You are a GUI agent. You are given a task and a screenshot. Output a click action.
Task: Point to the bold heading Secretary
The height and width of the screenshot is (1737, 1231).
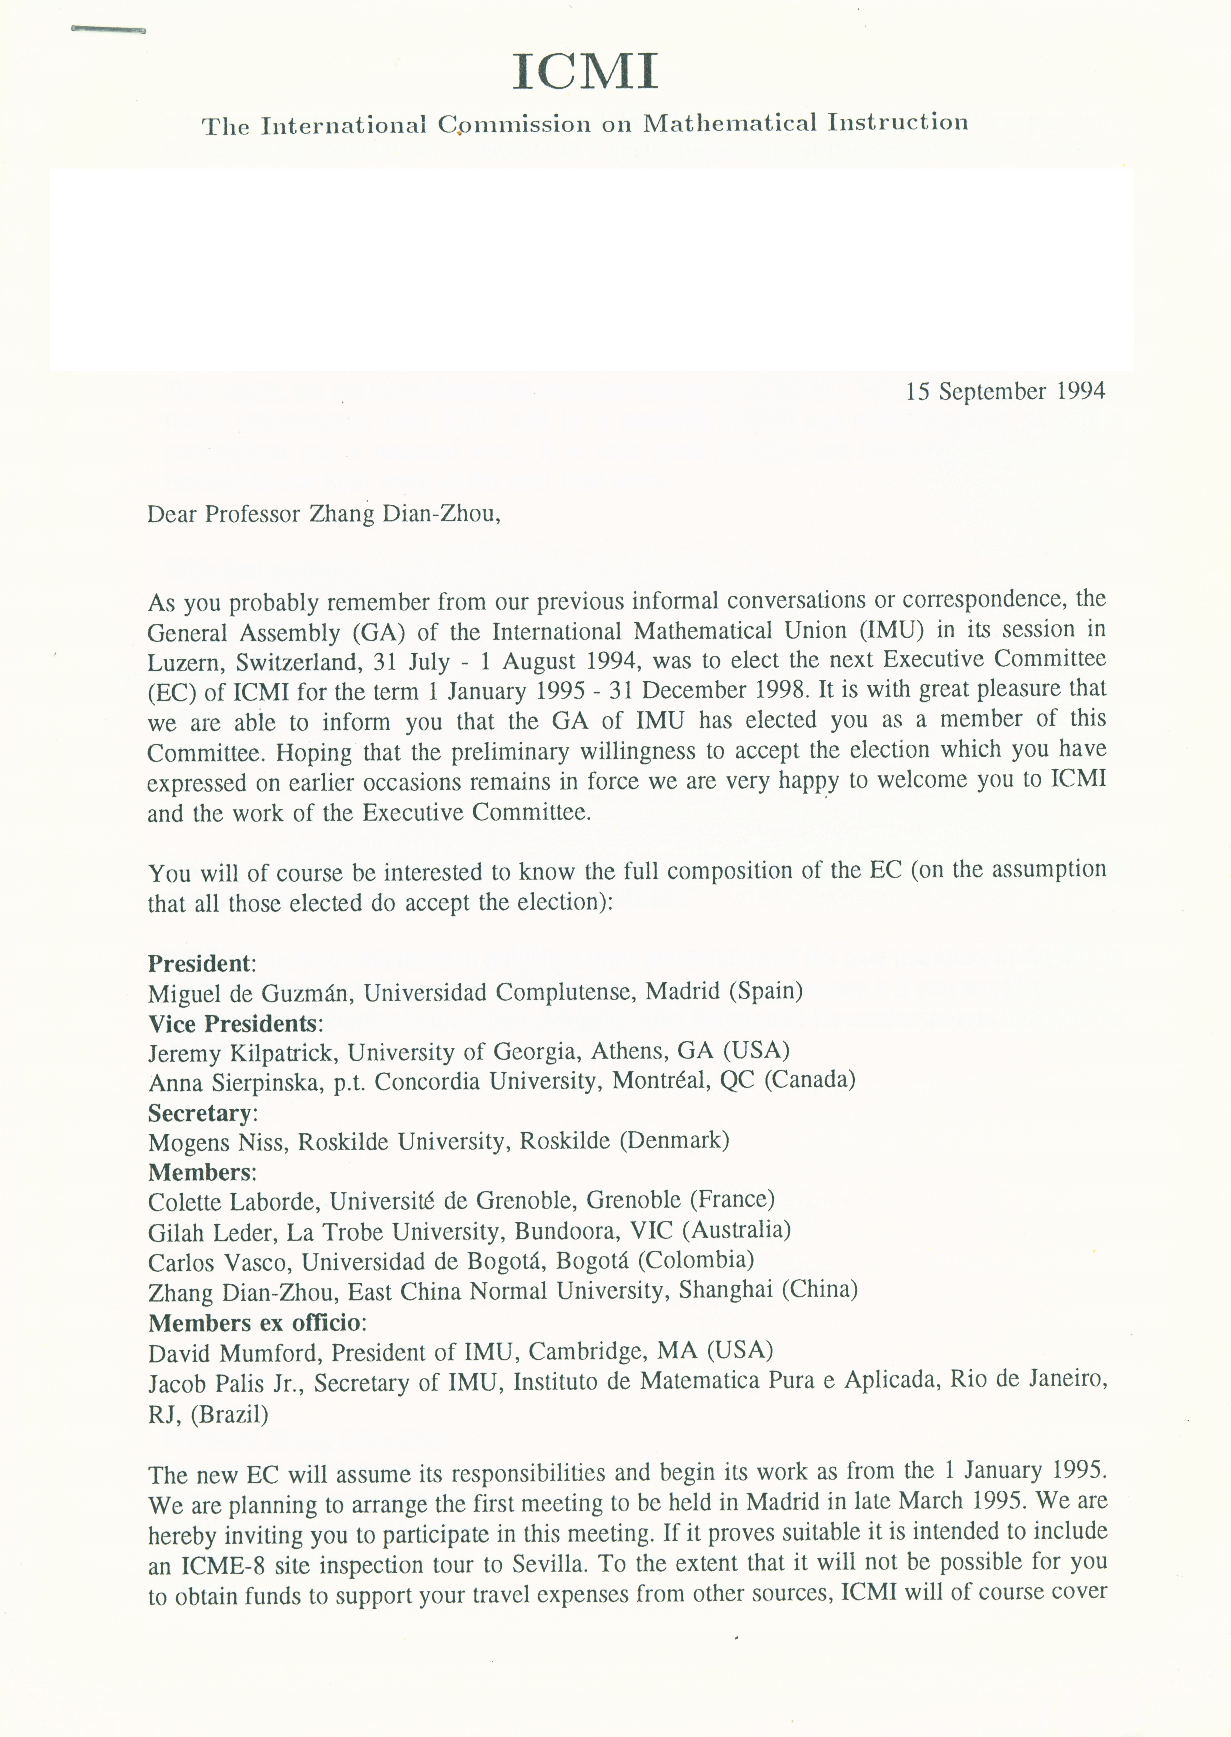click(x=199, y=1113)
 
